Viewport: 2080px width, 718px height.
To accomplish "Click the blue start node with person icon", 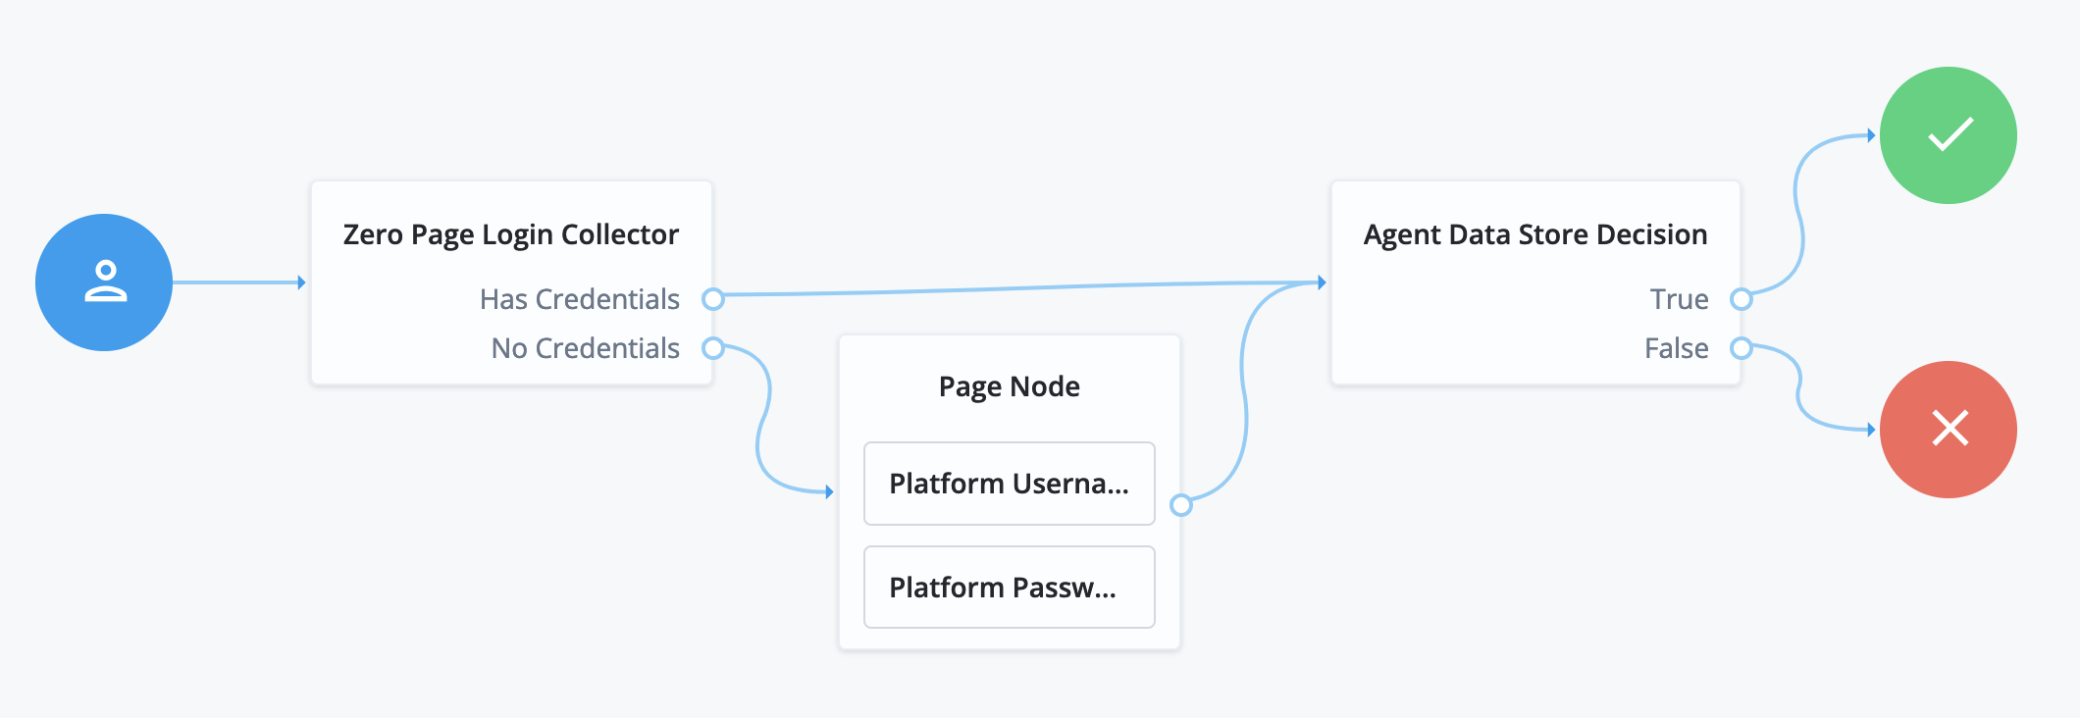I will (104, 282).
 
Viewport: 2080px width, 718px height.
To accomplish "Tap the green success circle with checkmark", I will (1948, 135).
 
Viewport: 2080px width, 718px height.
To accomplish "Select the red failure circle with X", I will (1948, 430).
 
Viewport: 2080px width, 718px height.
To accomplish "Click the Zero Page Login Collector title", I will (510, 234).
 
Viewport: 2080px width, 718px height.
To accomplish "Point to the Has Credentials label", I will (579, 299).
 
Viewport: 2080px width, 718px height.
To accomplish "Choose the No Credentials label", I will (585, 348).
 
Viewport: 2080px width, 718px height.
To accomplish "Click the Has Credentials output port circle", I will (713, 299).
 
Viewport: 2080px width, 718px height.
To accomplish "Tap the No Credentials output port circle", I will (713, 348).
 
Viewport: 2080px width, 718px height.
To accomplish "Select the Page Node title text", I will (1009, 386).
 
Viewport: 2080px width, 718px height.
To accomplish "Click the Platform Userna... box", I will (1009, 484).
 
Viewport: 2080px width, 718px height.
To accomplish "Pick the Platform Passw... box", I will (1009, 588).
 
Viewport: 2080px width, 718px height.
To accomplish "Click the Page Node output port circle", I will (1181, 505).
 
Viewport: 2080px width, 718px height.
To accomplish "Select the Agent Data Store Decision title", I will (1534, 234).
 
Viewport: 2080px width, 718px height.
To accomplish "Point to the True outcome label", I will (1679, 299).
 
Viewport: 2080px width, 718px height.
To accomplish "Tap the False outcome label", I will (1676, 348).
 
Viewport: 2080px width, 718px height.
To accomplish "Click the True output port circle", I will (1742, 299).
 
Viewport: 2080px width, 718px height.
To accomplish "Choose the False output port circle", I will (1742, 348).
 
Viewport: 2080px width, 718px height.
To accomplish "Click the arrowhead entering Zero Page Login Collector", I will (302, 282).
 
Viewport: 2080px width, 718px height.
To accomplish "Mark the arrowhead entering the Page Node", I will (830, 491).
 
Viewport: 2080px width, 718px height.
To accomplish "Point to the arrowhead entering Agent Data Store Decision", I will (1323, 282).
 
